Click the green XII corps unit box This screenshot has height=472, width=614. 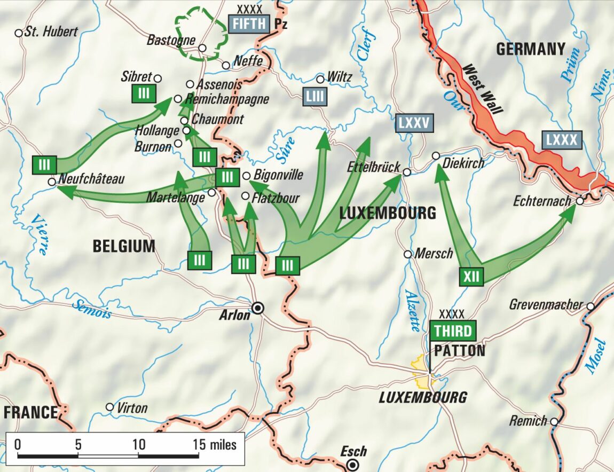pyautogui.click(x=471, y=277)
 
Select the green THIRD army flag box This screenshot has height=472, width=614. pyautogui.click(x=452, y=331)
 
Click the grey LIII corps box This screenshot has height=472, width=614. pyautogui.click(x=315, y=97)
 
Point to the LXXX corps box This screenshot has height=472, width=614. pyautogui.click(x=562, y=140)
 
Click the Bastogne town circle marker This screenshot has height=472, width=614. pyautogui.click(x=202, y=48)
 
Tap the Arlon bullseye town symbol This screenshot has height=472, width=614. pyautogui.click(x=258, y=308)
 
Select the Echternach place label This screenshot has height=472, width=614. pyautogui.click(x=543, y=202)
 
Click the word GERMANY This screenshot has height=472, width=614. pyautogui.click(x=530, y=50)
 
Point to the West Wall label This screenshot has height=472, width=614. pyautogui.click(x=483, y=89)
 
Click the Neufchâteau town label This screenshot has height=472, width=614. pyautogui.click(x=91, y=179)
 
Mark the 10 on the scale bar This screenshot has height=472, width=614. pyautogui.click(x=138, y=444)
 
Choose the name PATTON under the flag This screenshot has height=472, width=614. pyautogui.click(x=460, y=351)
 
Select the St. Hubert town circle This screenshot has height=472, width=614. pyautogui.click(x=19, y=33)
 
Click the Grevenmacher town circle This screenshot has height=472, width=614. pyautogui.click(x=591, y=306)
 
